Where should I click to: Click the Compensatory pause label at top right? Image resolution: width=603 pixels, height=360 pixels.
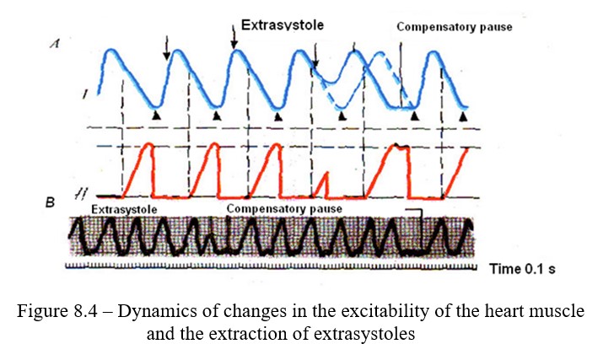point(454,27)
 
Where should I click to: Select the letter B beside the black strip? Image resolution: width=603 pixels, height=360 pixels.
point(51,201)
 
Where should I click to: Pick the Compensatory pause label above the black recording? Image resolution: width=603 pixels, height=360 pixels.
point(283,207)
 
